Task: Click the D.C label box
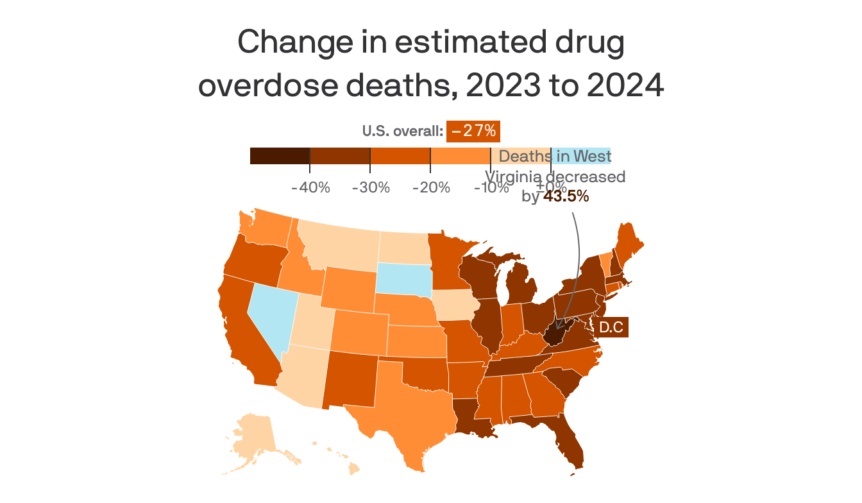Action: click(611, 328)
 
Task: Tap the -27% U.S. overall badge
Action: click(473, 131)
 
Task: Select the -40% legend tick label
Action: click(310, 188)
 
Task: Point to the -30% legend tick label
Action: click(371, 188)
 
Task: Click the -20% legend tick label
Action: click(431, 188)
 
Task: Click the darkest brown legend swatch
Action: click(280, 156)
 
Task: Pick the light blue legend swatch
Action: click(580, 156)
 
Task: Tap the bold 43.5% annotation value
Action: click(566, 197)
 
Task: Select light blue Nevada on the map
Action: click(269, 314)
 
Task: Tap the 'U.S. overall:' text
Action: click(402, 132)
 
